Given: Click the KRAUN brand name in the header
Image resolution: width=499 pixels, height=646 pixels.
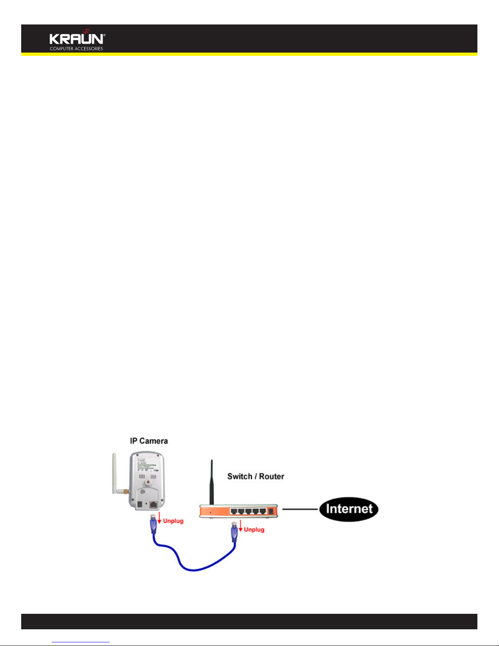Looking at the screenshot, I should (77, 39).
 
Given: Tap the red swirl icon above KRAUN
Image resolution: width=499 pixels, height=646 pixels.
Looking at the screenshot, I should (86, 31).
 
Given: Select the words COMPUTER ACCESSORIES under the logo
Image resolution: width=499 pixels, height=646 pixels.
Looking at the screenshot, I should (76, 49).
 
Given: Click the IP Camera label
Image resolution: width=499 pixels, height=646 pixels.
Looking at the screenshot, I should (149, 441).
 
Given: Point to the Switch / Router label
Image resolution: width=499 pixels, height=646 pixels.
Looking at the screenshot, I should (255, 476).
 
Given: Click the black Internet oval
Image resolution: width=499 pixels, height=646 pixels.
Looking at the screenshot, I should (349, 509).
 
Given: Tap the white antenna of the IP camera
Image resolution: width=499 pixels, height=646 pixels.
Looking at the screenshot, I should (115, 473).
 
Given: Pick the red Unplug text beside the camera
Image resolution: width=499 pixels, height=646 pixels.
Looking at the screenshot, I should (173, 521).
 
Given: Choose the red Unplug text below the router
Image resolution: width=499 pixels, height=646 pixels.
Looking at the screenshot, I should (254, 529).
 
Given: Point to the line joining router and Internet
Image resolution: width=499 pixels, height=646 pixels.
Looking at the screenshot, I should (300, 509).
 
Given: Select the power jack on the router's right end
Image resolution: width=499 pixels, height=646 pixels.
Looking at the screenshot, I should (270, 511).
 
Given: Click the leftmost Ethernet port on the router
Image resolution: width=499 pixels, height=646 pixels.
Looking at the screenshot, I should (234, 511).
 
